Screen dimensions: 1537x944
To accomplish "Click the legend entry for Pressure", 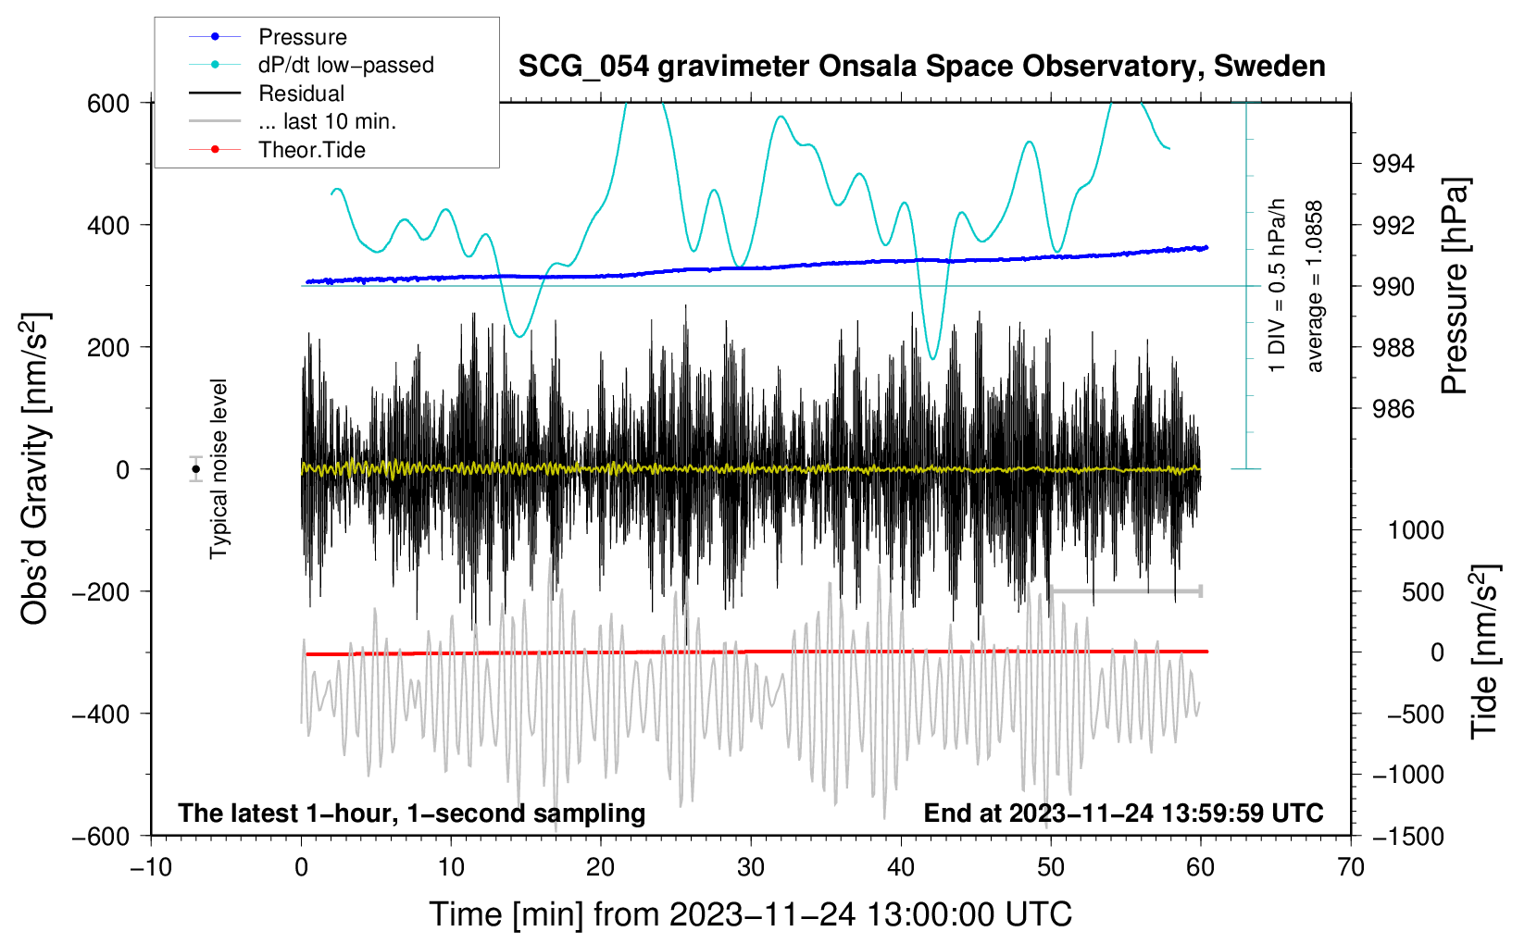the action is [x=268, y=36].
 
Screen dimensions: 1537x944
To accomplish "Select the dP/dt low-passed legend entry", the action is [x=311, y=65].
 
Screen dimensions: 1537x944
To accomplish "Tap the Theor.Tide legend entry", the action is [x=277, y=150].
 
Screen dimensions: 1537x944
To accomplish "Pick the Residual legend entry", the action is [x=267, y=93].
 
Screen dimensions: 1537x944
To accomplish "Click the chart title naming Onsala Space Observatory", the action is [x=921, y=67].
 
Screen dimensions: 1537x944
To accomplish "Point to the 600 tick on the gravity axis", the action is [x=108, y=104].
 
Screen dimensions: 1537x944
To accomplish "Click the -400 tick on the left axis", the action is [x=101, y=714].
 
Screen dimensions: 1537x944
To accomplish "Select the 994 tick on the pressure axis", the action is [x=1393, y=164].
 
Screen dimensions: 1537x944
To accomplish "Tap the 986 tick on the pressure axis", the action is [x=1393, y=410].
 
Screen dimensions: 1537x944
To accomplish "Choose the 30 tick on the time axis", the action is [x=751, y=868].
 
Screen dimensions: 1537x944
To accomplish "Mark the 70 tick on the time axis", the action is [x=1350, y=868].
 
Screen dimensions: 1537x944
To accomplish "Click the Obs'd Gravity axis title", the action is [x=34, y=468].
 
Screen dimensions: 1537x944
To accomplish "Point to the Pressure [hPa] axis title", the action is [x=1454, y=286].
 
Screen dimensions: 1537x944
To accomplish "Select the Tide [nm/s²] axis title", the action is [x=1485, y=652].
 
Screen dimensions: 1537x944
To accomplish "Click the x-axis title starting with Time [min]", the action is [x=751, y=914].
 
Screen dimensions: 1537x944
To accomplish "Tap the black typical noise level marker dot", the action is [x=196, y=469].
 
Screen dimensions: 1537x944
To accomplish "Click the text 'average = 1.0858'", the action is [x=1314, y=287].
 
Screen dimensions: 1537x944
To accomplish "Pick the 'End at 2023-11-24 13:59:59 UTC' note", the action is [x=1123, y=813].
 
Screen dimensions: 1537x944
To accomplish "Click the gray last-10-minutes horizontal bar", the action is [x=1125, y=590].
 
